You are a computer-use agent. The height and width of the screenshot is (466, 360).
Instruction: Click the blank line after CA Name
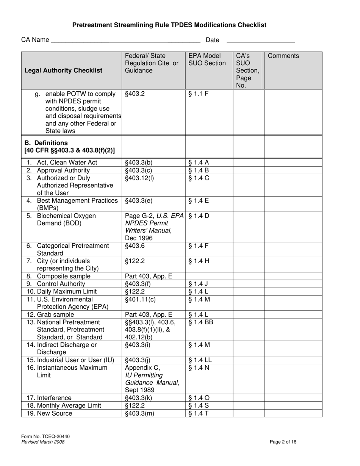[125, 41]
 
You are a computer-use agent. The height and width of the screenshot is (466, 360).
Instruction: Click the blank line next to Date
[261, 41]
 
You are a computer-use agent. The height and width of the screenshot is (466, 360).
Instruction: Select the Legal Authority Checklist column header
[63, 70]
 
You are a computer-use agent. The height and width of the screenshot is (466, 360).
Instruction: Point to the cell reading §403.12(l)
[139, 178]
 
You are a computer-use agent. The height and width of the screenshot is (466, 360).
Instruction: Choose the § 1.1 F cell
[199, 94]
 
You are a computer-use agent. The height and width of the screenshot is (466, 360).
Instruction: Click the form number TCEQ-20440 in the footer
[45, 436]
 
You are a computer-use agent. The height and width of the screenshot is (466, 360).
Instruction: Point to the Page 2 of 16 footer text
[283, 442]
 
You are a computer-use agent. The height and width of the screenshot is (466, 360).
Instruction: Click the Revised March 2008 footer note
[43, 442]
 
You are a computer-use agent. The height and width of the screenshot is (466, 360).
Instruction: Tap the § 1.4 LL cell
[200, 360]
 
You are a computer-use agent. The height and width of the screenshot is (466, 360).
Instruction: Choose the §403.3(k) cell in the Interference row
[139, 398]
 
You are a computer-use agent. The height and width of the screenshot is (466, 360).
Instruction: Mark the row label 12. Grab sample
[50, 314]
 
